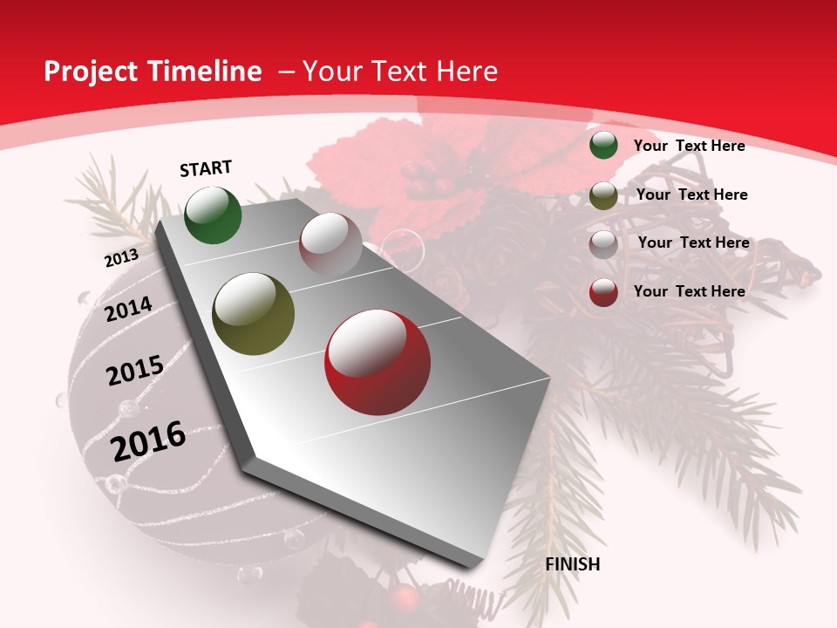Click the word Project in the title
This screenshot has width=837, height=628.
point(91,72)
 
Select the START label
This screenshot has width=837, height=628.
point(206,168)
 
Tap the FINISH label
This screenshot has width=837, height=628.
point(573,564)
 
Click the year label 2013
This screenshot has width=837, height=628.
point(121,258)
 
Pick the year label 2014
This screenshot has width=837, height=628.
point(128,310)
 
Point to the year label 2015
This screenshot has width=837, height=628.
point(135,371)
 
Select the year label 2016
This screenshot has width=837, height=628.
point(148,440)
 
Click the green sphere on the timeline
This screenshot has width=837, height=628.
point(213,215)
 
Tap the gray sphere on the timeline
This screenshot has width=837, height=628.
point(330,243)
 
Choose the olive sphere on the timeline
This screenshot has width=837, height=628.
point(254,313)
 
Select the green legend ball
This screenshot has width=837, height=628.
point(603,146)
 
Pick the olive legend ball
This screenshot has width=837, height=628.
point(603,195)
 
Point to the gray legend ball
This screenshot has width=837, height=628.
point(603,243)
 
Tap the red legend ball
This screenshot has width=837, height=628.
point(603,292)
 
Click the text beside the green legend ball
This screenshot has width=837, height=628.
point(689,146)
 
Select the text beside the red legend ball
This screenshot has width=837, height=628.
point(689,291)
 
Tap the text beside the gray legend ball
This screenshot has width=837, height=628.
point(693,242)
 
